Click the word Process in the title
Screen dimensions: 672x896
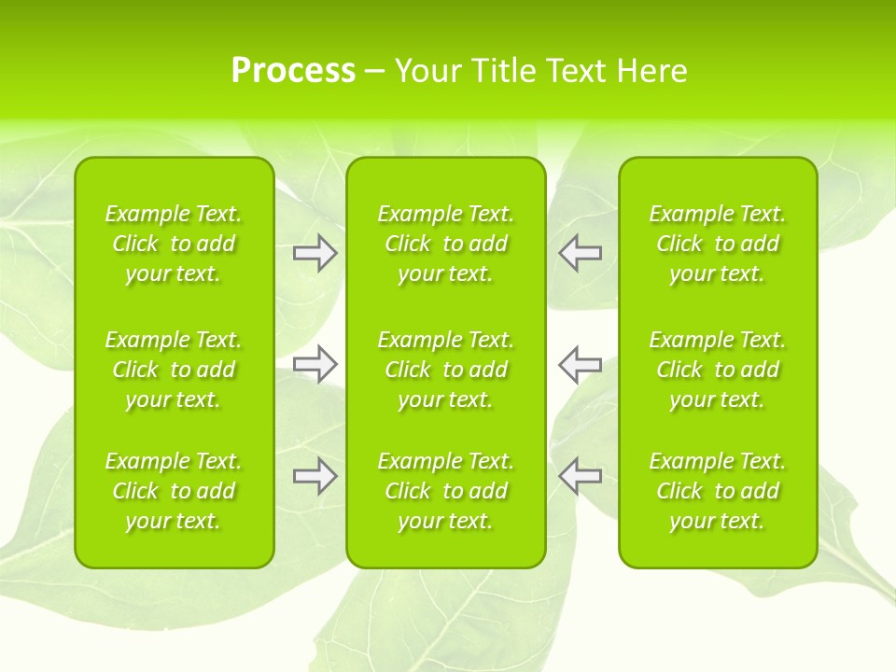[293, 71]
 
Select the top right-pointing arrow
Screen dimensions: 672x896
[315, 253]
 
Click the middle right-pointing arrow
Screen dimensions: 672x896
[315, 364]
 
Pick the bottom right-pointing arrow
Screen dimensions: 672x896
[315, 476]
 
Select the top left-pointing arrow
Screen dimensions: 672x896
[581, 253]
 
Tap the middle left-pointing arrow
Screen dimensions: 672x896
[581, 364]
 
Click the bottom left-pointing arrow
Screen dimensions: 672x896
[581, 476]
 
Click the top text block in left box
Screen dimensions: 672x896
[174, 244]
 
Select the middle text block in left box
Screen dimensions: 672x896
[174, 370]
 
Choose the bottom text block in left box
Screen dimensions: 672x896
[174, 491]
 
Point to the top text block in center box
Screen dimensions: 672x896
[446, 244]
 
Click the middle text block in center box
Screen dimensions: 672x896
[446, 370]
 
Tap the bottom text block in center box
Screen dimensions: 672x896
[446, 491]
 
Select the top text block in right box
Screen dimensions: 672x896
[718, 244]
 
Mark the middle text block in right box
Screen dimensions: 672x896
[718, 370]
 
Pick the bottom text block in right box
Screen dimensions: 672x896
[718, 491]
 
